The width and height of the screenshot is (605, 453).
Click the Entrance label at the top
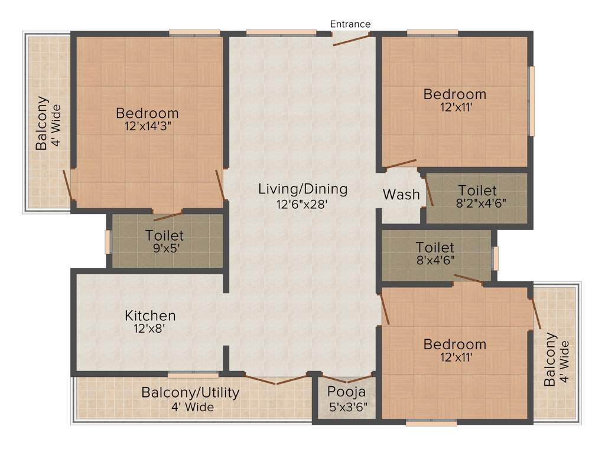pos(350,24)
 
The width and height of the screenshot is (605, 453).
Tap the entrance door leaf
pos(351,39)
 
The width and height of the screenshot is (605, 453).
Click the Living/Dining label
pos(302,189)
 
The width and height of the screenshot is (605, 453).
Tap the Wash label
pos(401,195)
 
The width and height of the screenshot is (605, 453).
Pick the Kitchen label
pos(150,316)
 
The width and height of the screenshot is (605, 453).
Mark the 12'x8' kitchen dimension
pos(150,329)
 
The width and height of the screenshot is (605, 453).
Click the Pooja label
pos(347,392)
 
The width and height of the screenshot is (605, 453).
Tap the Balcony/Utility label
pos(190,393)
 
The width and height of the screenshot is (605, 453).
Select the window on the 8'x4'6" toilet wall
pos(495,258)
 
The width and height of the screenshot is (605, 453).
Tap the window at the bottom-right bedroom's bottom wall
pos(431,422)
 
